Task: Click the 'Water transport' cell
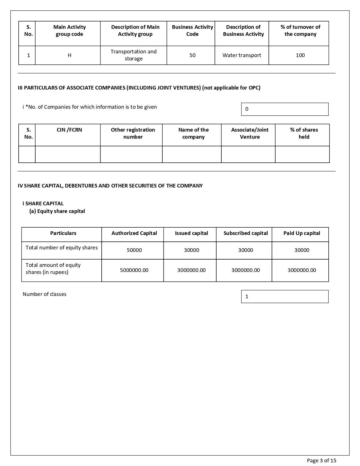click(242, 55)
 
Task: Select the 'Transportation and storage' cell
click(134, 55)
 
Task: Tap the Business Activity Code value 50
click(192, 55)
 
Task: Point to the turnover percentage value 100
click(300, 55)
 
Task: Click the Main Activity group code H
click(69, 55)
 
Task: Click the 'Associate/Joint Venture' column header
click(250, 133)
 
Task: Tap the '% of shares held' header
click(304, 133)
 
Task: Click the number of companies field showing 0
click(285, 109)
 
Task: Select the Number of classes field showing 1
click(285, 297)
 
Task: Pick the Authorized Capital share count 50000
click(134, 250)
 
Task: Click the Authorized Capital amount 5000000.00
click(134, 270)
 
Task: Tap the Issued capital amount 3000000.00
click(191, 270)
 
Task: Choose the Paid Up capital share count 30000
click(302, 250)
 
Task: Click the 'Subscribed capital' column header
click(246, 233)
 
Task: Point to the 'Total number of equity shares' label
click(62, 248)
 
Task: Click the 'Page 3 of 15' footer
click(322, 461)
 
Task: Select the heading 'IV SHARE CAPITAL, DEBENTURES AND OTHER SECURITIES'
click(110, 186)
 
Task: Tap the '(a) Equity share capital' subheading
click(57, 211)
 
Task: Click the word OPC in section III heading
click(254, 88)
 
